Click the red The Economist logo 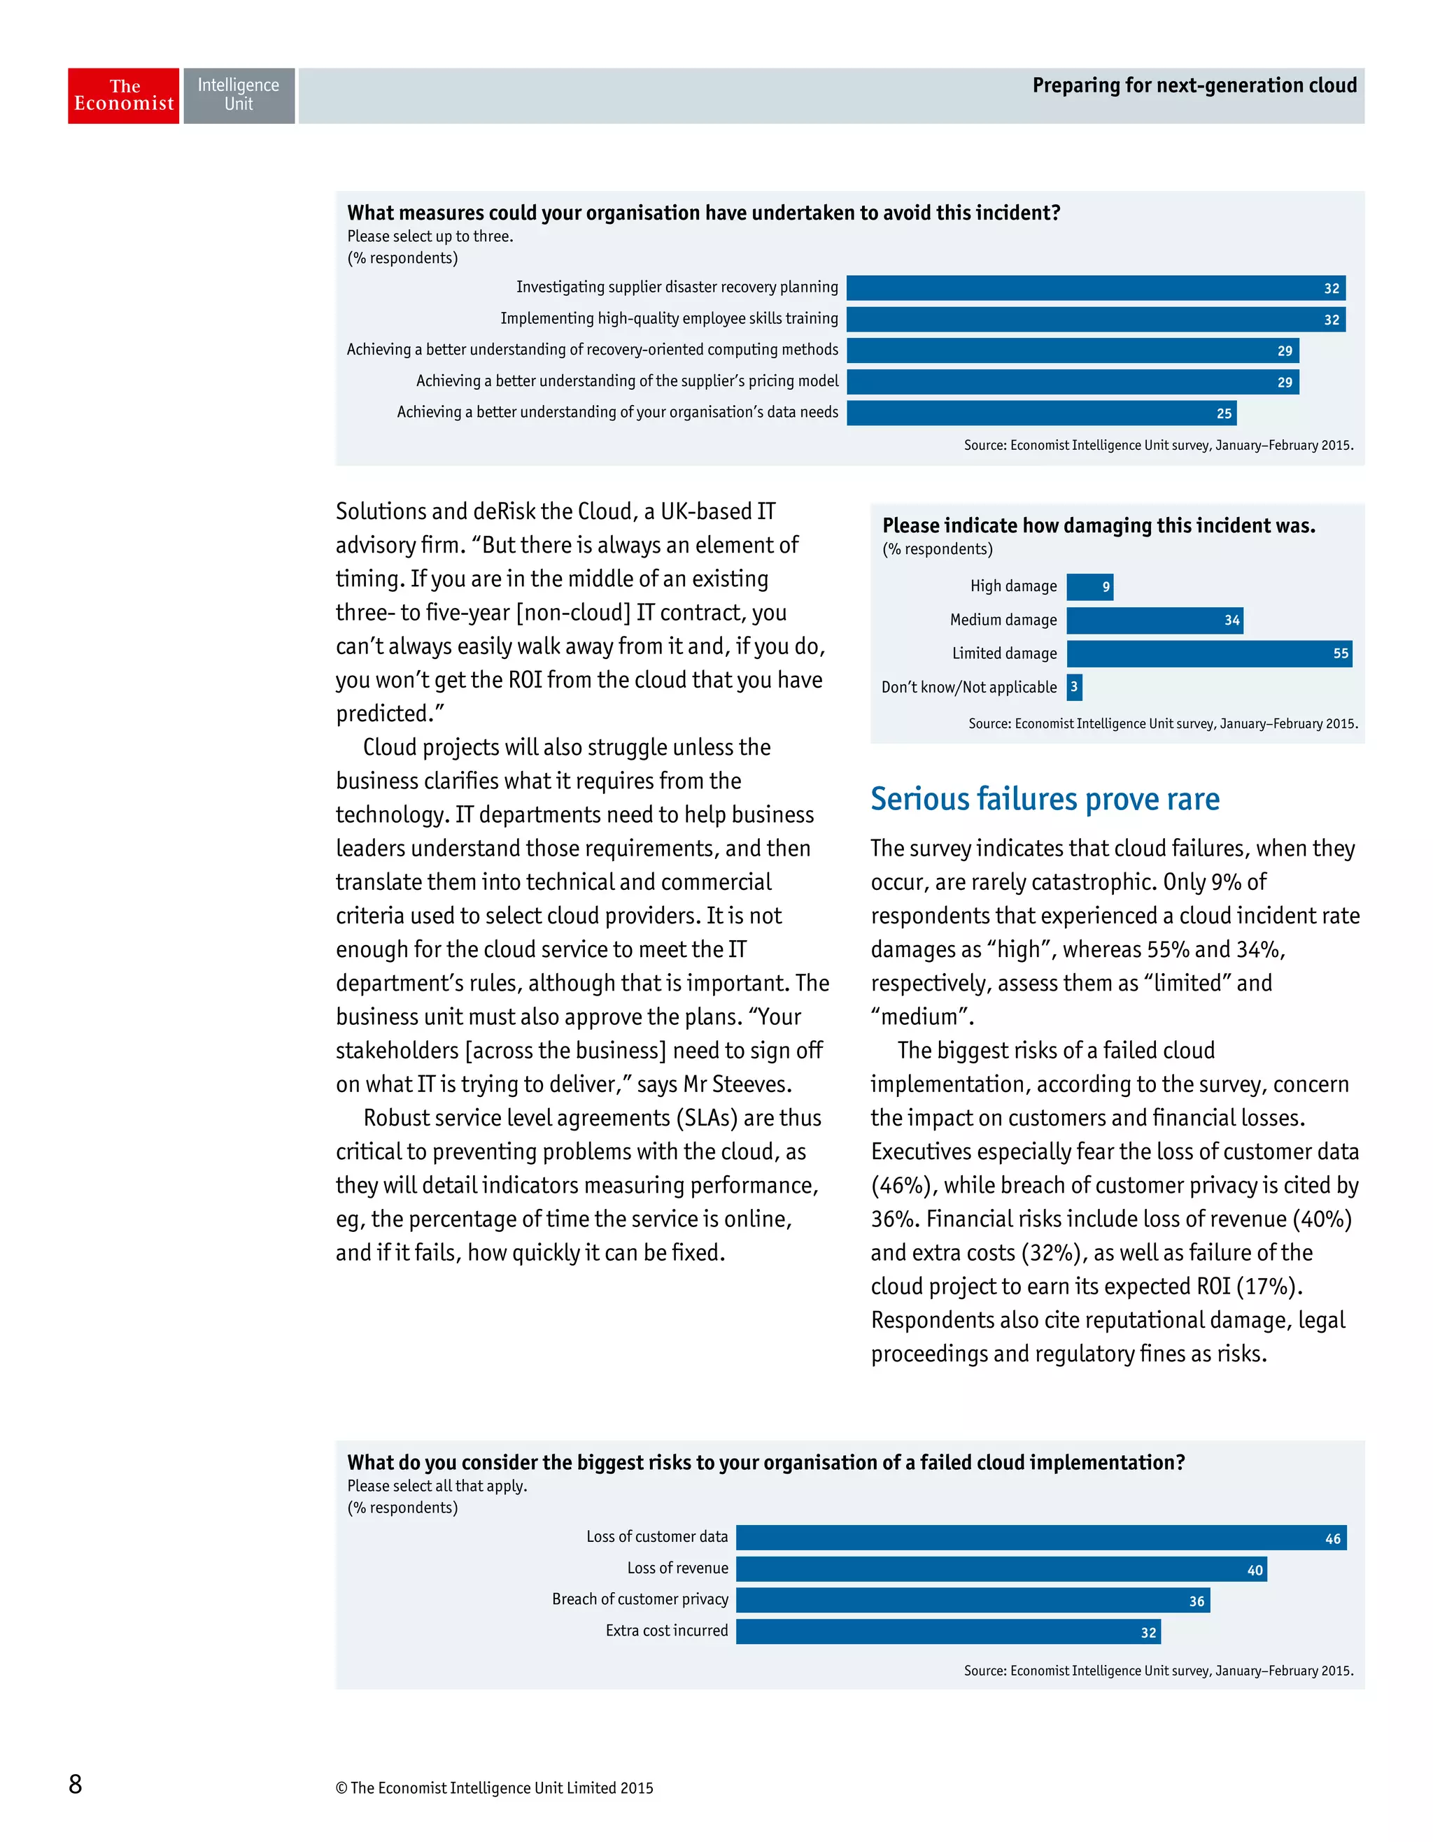(x=123, y=95)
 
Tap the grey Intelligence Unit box (x=239, y=95)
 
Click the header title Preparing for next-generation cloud (x=1194, y=85)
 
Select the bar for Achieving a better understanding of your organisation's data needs (x=1040, y=413)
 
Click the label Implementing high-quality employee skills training (x=669, y=319)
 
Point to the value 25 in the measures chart (x=1224, y=413)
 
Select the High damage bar (x=1089, y=587)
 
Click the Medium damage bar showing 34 (x=1153, y=621)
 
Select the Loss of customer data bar (x=1040, y=1538)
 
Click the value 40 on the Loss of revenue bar (x=1254, y=1570)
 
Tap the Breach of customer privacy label (x=640, y=1600)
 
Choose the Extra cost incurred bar (x=947, y=1631)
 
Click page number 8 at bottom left (x=75, y=1783)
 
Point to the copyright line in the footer (x=494, y=1788)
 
